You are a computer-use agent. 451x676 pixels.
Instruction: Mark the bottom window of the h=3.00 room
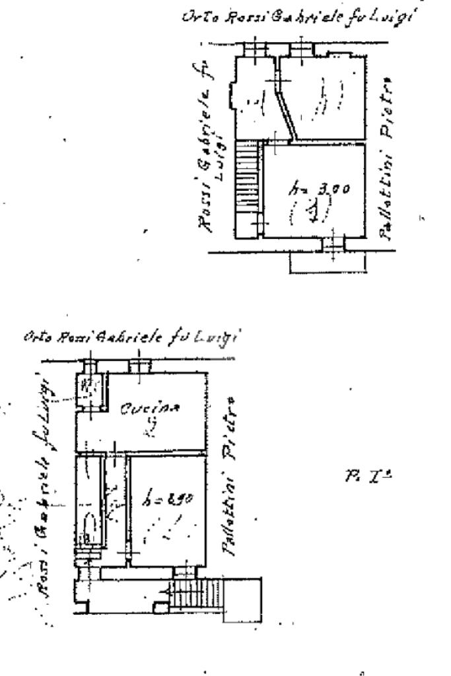pos(333,245)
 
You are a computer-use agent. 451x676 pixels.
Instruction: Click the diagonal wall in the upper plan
pos(288,112)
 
